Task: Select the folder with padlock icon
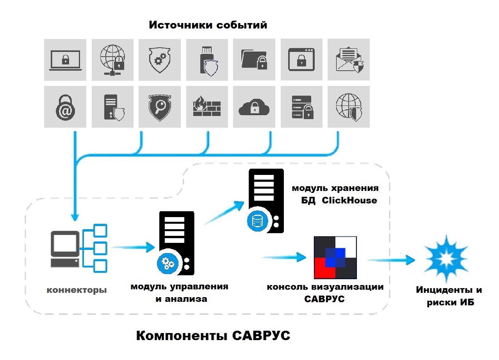point(254,60)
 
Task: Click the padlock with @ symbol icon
point(65,107)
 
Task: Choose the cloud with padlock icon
point(254,107)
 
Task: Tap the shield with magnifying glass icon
point(159,107)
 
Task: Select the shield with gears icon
point(159,60)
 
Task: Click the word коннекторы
point(77,290)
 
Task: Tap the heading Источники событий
point(208,25)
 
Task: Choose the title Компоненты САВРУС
point(213,335)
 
